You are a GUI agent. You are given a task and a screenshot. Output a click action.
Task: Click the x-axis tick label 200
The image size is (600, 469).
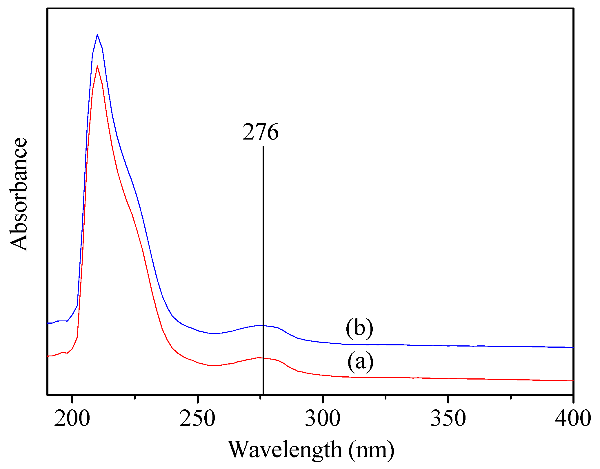point(72,419)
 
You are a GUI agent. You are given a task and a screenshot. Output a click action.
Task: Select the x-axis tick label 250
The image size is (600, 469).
point(197,419)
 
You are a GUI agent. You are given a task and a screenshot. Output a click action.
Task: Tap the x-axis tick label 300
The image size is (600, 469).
point(323,419)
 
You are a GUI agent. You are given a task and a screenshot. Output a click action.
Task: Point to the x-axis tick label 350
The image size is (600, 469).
point(448,419)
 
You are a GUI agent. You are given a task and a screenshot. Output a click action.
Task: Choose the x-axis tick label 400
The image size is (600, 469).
point(573,419)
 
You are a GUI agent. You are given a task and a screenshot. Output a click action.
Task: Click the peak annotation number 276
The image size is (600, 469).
point(260,132)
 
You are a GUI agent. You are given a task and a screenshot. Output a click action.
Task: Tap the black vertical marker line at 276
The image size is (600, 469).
point(263,232)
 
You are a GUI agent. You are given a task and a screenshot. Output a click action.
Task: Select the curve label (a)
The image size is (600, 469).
point(360,361)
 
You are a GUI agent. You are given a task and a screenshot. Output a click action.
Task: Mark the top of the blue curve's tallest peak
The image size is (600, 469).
point(97,35)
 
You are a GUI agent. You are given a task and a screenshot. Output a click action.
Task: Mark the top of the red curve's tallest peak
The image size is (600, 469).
point(97,66)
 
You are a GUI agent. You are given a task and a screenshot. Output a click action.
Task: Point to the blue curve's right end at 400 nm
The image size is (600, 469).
point(573,347)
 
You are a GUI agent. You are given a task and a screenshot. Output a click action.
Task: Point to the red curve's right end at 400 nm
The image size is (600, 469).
point(573,381)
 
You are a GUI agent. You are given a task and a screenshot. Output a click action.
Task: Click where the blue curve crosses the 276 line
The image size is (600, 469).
point(263,325)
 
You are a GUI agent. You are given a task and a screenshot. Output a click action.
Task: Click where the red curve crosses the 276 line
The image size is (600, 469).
point(263,358)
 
